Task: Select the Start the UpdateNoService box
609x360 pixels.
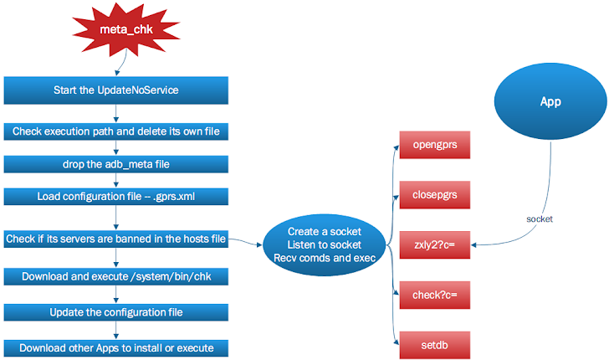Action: tap(115, 89)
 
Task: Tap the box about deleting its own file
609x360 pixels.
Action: tap(115, 131)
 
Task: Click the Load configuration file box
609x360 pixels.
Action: tap(115, 197)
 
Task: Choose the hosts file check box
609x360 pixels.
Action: tap(115, 239)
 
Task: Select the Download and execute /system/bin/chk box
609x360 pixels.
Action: tap(115, 276)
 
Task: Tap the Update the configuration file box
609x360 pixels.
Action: tap(115, 312)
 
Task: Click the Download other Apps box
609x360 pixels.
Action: tap(115, 347)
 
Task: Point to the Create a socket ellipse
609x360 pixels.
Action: tap(324, 244)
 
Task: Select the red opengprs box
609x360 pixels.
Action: tap(433, 145)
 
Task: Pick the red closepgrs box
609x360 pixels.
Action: tap(433, 195)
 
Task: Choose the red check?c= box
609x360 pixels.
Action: tap(433, 295)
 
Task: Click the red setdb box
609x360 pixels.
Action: tap(433, 343)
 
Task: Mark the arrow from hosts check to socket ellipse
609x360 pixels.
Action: tap(245, 241)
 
